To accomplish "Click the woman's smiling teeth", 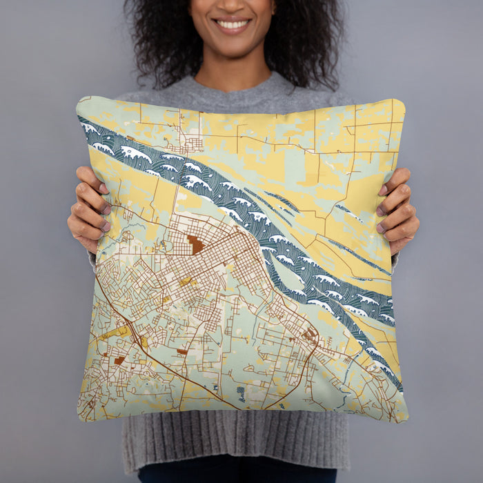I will pyautogui.click(x=233, y=25).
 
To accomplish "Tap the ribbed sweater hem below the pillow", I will pyautogui.click(x=235, y=442).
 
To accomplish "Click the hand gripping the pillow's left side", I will pyautogui.click(x=86, y=207).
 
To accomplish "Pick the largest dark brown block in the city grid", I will pyautogui.click(x=195, y=244).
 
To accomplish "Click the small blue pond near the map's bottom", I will pyautogui.click(x=241, y=394).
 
